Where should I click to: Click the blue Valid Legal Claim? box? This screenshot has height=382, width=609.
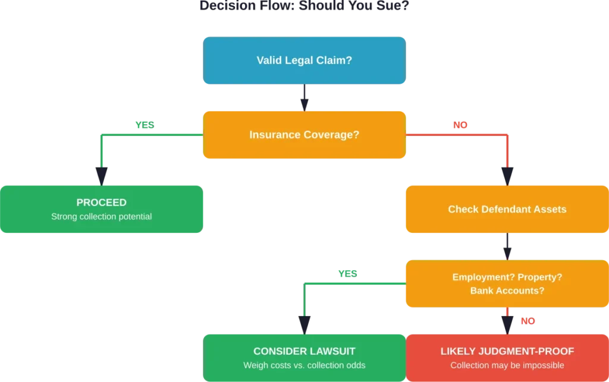304,59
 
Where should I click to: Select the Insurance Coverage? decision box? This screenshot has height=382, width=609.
304,135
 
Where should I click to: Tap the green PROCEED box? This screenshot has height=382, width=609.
102,209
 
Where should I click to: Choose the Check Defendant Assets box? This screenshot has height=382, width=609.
507,209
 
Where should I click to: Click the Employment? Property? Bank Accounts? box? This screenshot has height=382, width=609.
507,283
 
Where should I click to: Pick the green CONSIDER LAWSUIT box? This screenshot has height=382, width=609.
304,358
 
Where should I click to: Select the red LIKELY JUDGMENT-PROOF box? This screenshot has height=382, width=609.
507,358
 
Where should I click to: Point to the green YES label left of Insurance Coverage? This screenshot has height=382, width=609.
145,126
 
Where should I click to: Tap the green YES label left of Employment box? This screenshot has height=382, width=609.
347,274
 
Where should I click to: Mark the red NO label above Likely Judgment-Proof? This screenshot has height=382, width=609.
528,321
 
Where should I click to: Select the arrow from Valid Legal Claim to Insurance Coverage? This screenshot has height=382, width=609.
304,97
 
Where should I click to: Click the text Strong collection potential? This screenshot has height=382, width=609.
102,217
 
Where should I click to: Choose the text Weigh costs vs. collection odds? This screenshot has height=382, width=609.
304,365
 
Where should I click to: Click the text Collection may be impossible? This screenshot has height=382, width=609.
507,365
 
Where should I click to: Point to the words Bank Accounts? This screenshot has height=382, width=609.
507,291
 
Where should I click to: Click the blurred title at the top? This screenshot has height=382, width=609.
304,7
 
